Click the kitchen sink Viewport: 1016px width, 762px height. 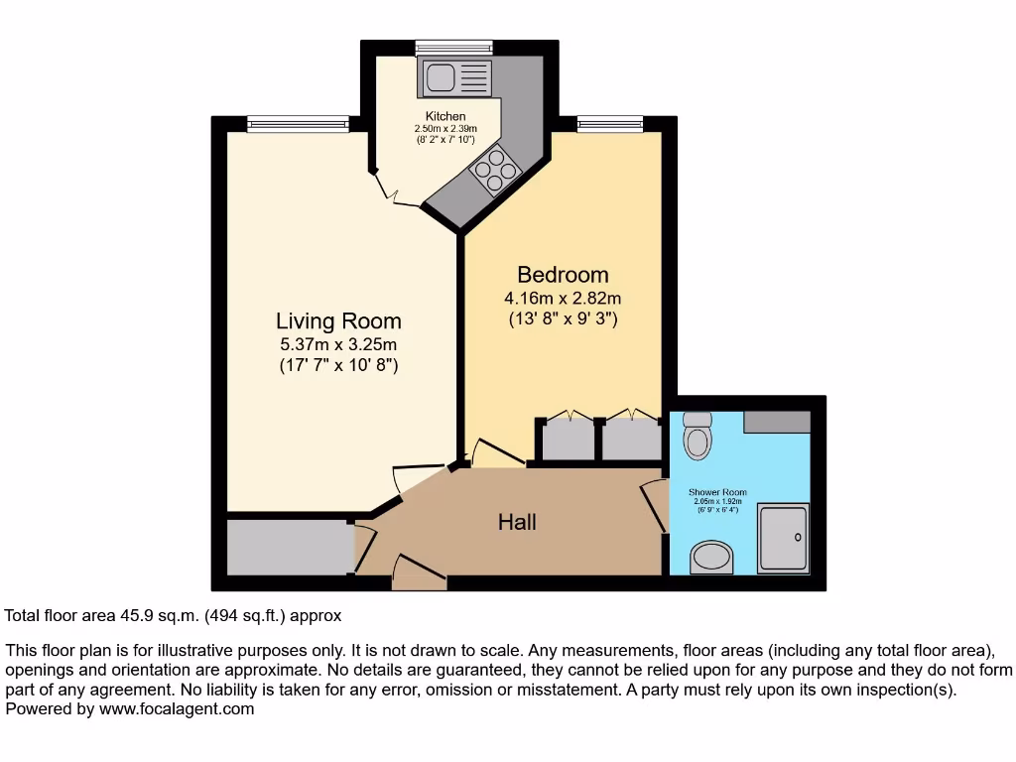point(454,77)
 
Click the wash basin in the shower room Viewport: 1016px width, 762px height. point(711,558)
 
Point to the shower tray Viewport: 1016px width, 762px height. point(784,537)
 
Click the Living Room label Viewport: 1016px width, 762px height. point(338,320)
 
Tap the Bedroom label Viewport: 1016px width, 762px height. point(563,274)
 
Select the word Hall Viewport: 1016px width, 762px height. point(517,521)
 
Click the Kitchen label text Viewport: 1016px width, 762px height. point(445,117)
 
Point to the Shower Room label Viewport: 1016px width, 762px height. point(717,492)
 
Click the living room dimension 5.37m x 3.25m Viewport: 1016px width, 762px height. point(338,344)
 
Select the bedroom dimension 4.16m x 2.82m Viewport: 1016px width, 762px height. point(563,298)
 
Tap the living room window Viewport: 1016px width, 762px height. point(298,123)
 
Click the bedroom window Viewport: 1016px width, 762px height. point(609,123)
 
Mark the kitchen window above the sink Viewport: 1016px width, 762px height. point(453,47)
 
